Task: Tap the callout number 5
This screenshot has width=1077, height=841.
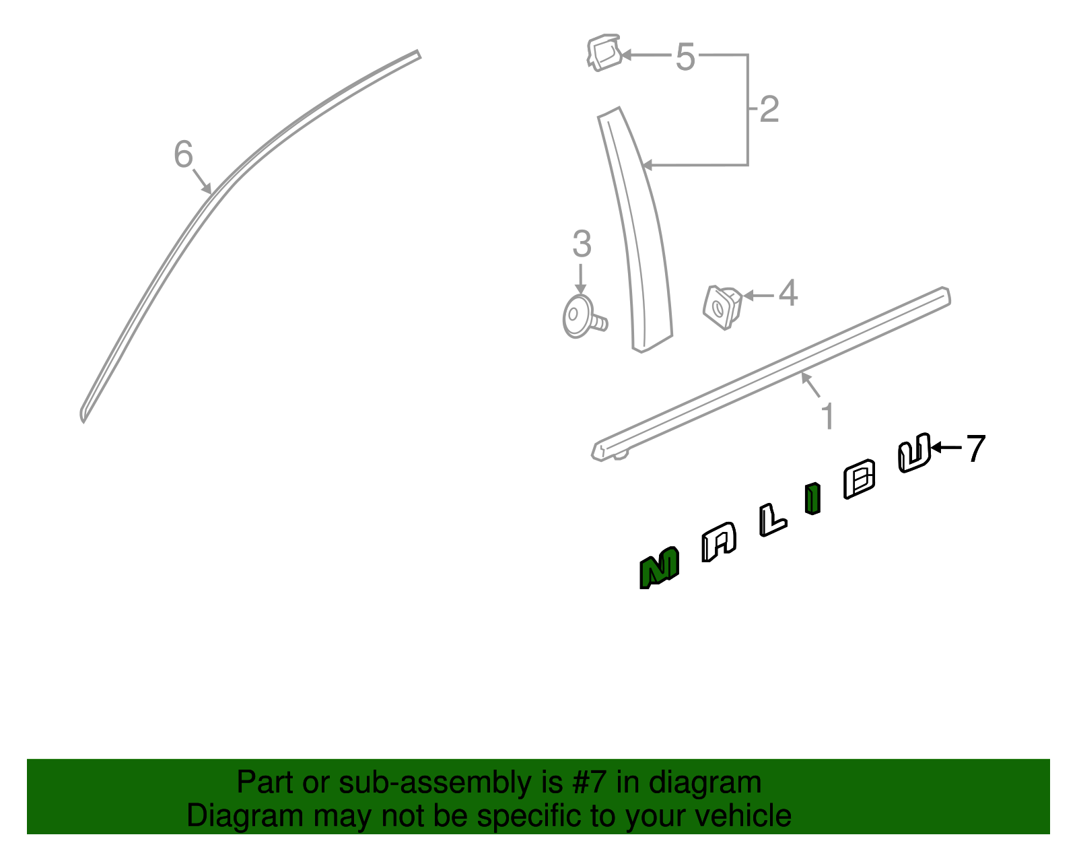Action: [x=685, y=57]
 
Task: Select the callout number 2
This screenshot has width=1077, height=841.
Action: [x=769, y=110]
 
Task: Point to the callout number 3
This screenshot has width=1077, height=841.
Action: [x=582, y=244]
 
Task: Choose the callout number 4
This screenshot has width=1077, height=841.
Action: [x=788, y=293]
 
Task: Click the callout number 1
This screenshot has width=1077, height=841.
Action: [x=828, y=416]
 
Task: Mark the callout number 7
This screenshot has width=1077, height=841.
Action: [x=975, y=448]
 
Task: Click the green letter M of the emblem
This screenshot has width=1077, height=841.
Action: [x=659, y=568]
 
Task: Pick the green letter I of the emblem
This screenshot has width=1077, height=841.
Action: [x=812, y=498]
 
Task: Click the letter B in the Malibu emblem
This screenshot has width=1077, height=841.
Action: [x=860, y=479]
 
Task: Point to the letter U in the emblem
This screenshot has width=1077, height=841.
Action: [x=914, y=453]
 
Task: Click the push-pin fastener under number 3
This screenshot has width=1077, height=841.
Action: [x=584, y=317]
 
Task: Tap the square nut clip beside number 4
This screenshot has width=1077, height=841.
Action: [x=722, y=307]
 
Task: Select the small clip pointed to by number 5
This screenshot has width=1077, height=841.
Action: [x=604, y=53]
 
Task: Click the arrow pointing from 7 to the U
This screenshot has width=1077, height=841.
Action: [x=946, y=448]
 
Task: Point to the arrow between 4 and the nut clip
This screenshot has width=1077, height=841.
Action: [x=759, y=296]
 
